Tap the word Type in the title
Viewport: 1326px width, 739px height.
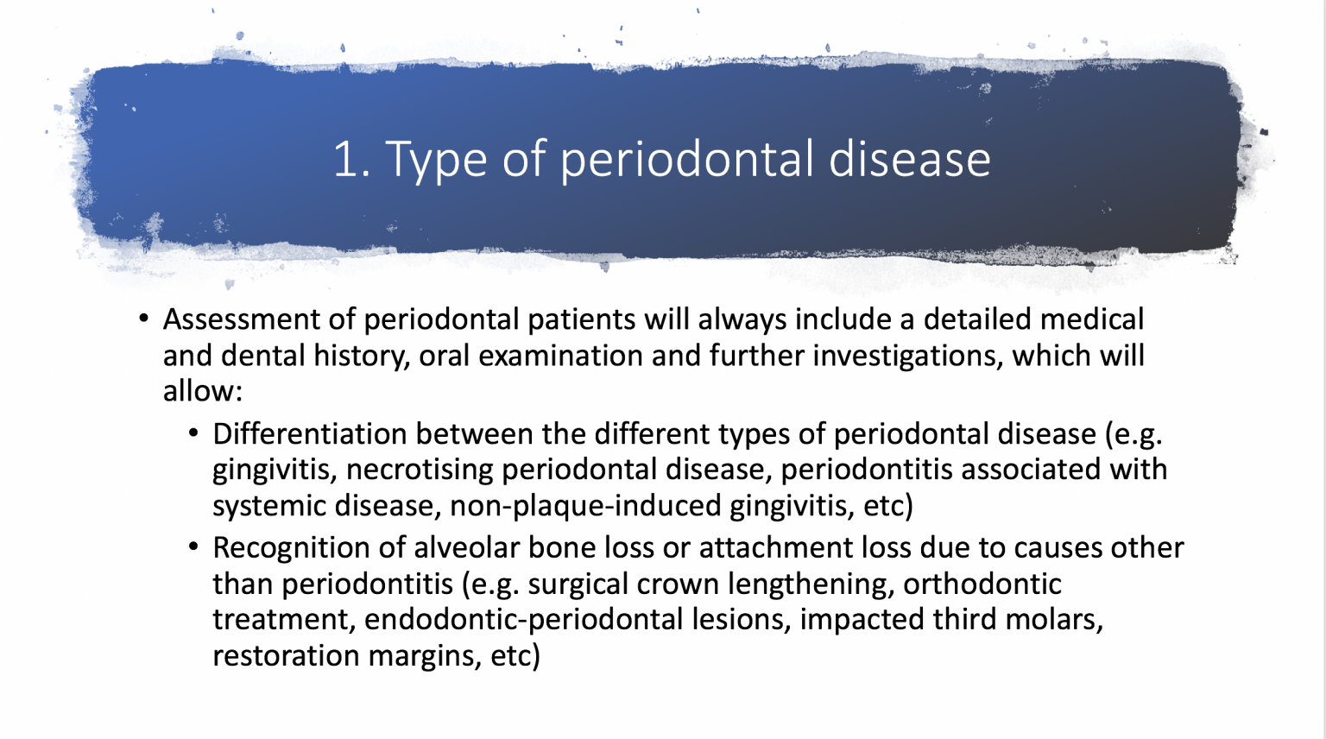[x=436, y=160]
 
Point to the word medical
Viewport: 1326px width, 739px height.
[x=1091, y=319]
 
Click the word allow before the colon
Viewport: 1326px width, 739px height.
[x=198, y=391]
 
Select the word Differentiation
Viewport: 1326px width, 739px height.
[x=310, y=433]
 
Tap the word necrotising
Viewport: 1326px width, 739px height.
[x=420, y=470]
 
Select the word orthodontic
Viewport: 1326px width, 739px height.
[x=982, y=584]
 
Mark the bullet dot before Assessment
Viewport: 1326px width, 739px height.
[x=143, y=319]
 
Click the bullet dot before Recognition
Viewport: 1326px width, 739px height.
[x=193, y=547]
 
